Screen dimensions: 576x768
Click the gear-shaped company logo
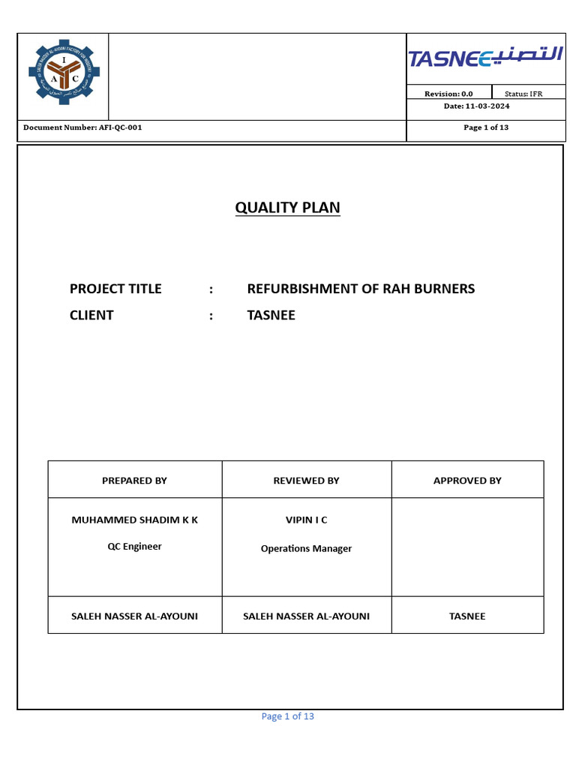[63, 73]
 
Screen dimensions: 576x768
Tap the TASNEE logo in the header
[485, 58]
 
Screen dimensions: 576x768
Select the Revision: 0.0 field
[448, 94]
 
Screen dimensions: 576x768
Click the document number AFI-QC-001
[82, 127]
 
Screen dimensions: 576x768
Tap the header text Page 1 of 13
[486, 127]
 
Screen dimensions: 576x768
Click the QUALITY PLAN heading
[287, 208]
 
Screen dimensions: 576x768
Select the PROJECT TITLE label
[115, 289]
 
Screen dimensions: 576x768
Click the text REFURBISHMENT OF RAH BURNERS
[361, 289]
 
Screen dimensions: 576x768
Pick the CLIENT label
[91, 315]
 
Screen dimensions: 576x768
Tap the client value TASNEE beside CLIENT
[271, 315]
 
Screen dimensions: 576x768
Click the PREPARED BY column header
[134, 481]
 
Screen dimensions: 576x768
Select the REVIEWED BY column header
[306, 481]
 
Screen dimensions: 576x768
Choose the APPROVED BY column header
[467, 481]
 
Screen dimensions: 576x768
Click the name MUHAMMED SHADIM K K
[134, 520]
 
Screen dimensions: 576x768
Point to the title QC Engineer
[134, 546]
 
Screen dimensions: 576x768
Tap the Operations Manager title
[306, 548]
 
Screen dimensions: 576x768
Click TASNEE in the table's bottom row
[467, 616]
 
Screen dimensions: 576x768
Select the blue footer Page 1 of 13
[287, 716]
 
